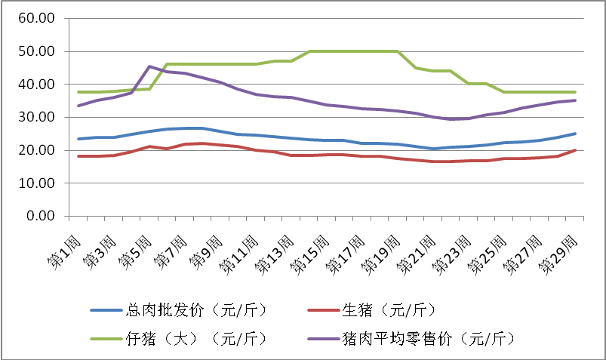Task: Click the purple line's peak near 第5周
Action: pos(149,66)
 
